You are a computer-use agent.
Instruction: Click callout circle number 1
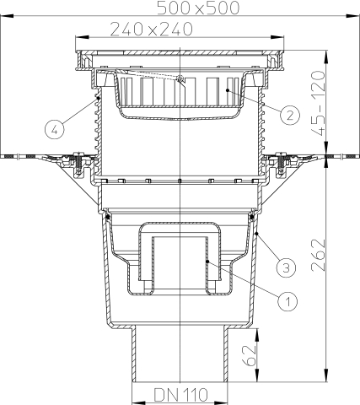(286, 299)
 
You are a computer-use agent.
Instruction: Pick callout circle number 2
(287, 113)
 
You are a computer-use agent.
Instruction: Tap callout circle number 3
(286, 267)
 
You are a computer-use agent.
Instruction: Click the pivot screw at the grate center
(181, 79)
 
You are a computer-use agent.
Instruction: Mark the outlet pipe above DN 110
(180, 354)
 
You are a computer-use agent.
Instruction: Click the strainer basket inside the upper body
(180, 97)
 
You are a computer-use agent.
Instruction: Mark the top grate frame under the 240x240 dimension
(180, 57)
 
